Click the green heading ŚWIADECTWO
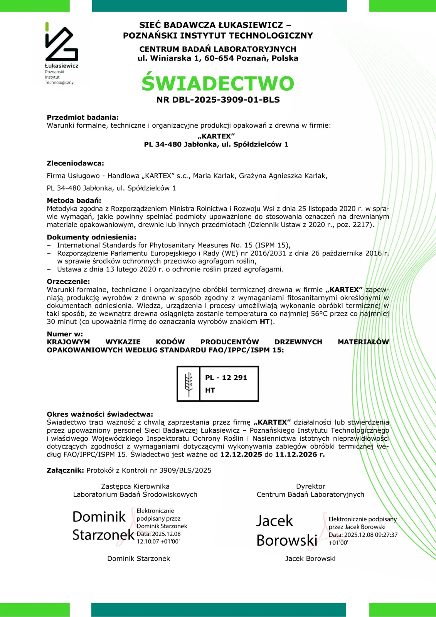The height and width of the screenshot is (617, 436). [218, 83]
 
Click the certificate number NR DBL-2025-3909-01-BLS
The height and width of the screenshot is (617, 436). [218, 100]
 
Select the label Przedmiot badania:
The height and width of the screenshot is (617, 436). [82, 118]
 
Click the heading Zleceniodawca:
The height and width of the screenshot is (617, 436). [75, 164]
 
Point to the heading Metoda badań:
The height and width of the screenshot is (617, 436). [74, 201]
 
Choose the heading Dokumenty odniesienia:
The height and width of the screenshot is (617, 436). [91, 238]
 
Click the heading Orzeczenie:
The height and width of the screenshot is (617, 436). [68, 282]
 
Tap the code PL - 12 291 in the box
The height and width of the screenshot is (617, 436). [226, 378]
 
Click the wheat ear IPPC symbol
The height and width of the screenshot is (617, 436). [189, 384]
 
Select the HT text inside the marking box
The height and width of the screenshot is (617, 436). [210, 390]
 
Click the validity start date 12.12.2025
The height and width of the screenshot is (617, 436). [241, 455]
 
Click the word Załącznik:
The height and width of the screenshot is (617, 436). [65, 470]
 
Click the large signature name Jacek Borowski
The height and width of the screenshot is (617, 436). [286, 531]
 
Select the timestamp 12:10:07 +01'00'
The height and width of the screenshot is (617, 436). [158, 541]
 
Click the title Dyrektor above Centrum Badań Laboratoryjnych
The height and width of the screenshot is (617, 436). [310, 487]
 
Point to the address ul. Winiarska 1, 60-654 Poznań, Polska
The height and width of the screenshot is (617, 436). [218, 59]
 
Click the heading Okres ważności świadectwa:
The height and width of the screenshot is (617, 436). [100, 415]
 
